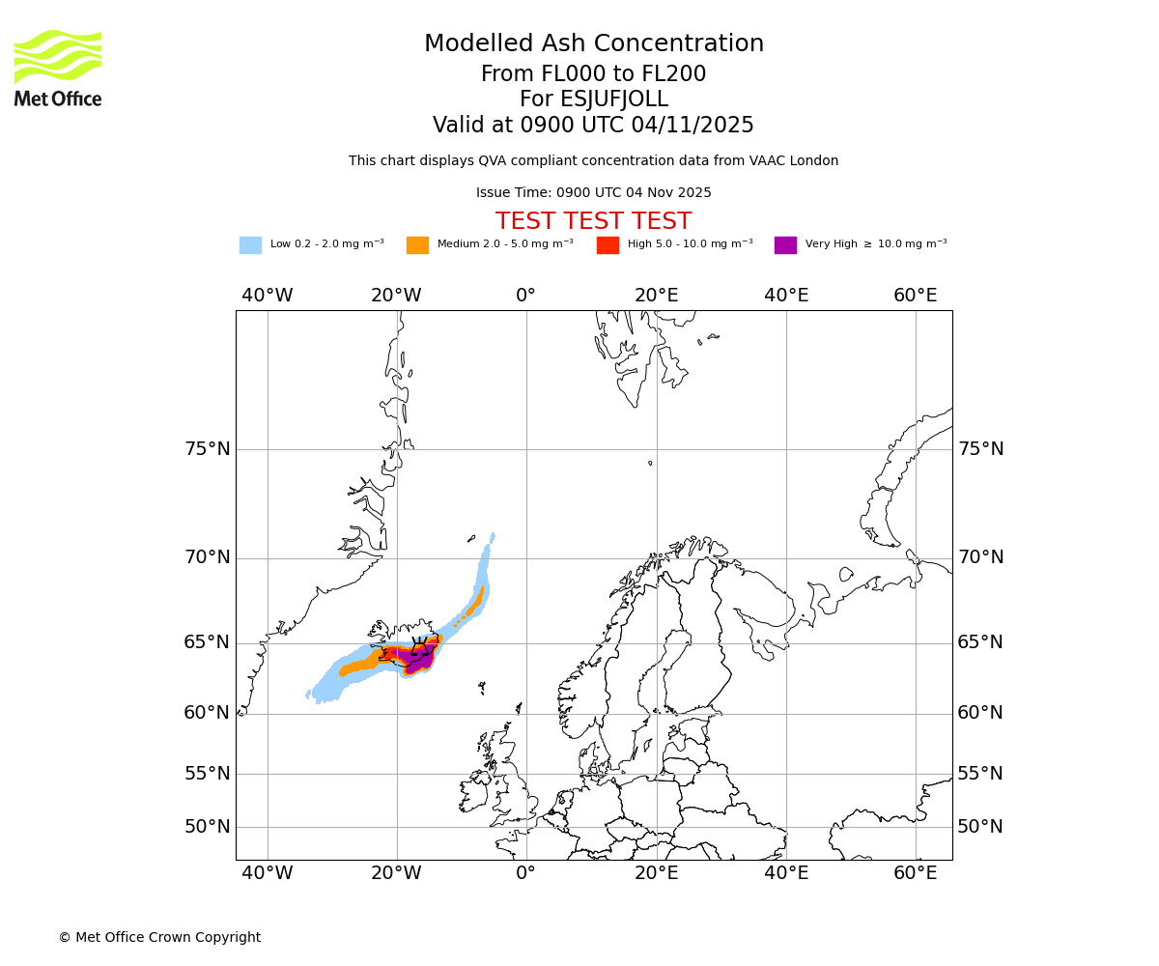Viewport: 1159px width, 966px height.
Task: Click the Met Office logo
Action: click(x=58, y=68)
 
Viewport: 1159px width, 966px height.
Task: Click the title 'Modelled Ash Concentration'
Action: click(x=594, y=44)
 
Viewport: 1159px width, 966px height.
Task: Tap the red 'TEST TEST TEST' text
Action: click(x=593, y=221)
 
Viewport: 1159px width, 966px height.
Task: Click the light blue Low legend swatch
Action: click(x=250, y=244)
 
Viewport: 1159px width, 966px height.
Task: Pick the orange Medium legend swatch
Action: click(x=417, y=244)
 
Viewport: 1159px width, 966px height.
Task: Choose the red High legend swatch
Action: click(x=608, y=244)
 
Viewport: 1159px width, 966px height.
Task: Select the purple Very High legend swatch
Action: click(x=785, y=244)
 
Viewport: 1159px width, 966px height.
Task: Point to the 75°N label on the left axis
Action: click(x=208, y=449)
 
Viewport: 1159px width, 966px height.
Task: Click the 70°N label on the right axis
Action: click(x=980, y=557)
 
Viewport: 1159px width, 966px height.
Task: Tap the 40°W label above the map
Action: click(x=268, y=296)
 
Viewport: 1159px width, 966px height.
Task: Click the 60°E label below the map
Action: click(x=915, y=873)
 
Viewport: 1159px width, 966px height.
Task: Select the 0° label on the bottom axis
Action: click(x=525, y=873)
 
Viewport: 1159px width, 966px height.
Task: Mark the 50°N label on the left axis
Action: click(x=208, y=827)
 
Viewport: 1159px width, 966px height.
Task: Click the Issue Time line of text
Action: click(x=593, y=192)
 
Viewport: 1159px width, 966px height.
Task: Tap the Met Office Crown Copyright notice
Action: click(x=159, y=937)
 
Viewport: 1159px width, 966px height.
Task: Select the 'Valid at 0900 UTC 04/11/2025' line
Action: click(x=593, y=126)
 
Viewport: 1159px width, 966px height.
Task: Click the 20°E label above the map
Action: click(x=657, y=296)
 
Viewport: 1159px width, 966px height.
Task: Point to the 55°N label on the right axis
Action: click(x=980, y=774)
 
